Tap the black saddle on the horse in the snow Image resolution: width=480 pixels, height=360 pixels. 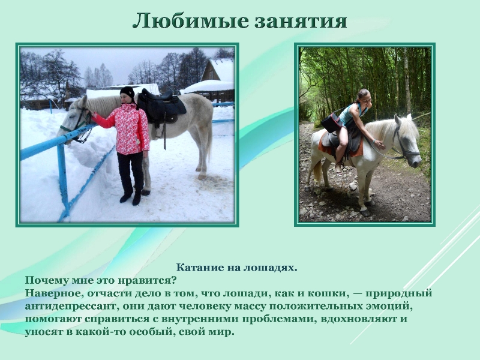(x=161, y=106)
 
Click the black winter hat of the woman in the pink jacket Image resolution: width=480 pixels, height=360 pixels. (x=127, y=92)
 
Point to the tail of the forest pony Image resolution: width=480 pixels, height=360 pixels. (x=317, y=171)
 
